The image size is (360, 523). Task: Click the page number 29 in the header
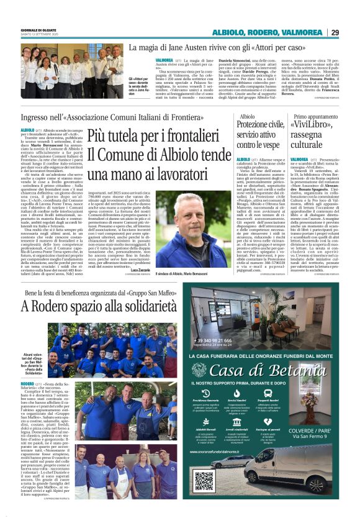351,32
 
